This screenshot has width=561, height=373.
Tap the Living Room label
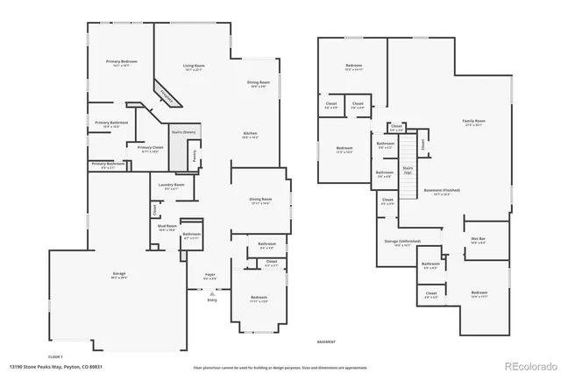[194, 67]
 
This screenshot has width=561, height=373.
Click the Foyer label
[209, 277]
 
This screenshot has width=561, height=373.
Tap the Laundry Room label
[172, 186]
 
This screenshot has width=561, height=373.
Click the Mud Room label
[167, 229]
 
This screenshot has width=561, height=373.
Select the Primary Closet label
[148, 150]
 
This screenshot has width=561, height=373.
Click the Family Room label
[474, 123]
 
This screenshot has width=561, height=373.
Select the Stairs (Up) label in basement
[408, 169]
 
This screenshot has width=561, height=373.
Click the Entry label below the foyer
[211, 299]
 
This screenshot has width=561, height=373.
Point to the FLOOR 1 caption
[55, 356]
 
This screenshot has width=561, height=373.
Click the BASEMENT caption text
[325, 341]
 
